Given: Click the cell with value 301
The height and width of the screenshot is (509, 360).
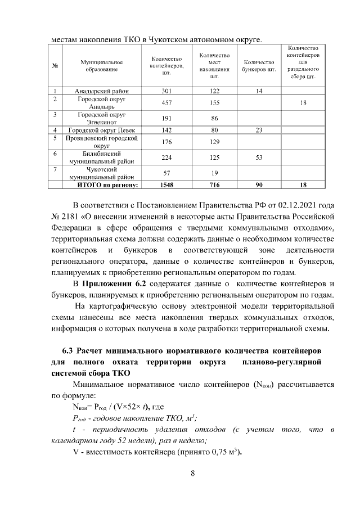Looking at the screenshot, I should point(166,91).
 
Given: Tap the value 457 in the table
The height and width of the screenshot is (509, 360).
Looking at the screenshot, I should point(166,103).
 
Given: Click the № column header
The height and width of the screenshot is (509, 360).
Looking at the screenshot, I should point(56,65).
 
